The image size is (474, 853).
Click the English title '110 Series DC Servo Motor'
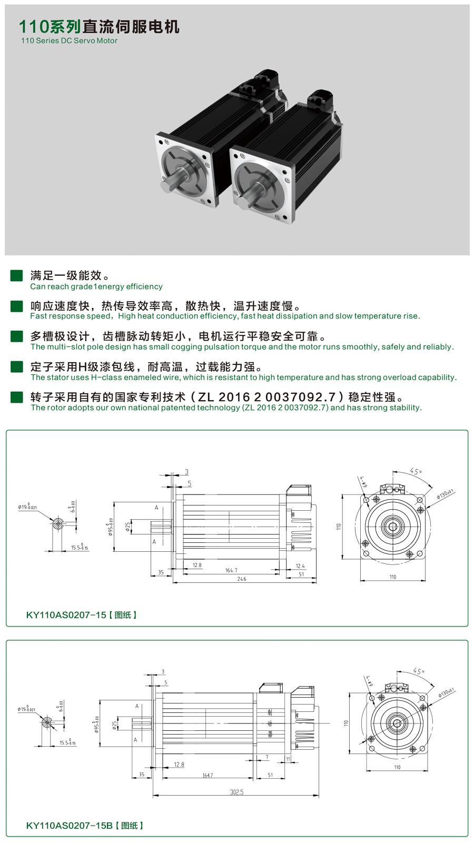(x=69, y=41)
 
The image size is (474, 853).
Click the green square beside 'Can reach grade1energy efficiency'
(x=17, y=275)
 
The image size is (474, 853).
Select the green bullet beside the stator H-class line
(x=17, y=366)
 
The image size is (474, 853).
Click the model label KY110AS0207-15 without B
(x=66, y=615)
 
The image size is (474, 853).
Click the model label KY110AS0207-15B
(x=70, y=826)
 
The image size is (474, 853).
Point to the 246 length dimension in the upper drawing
(x=242, y=579)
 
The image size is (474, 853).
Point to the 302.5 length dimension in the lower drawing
(x=237, y=792)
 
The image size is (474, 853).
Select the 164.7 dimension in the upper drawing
(x=231, y=570)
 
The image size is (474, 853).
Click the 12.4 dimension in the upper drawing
(x=300, y=566)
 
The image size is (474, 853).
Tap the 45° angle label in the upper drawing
(x=416, y=471)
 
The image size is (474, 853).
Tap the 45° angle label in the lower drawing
(x=418, y=671)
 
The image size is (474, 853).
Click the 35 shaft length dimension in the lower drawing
(x=141, y=775)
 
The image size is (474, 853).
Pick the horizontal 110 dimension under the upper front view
(x=392, y=577)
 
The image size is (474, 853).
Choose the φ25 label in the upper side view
(x=127, y=527)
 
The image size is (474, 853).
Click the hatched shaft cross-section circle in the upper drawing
(x=58, y=523)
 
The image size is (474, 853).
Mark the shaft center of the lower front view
(x=397, y=723)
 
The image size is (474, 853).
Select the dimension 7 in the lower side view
(x=267, y=757)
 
